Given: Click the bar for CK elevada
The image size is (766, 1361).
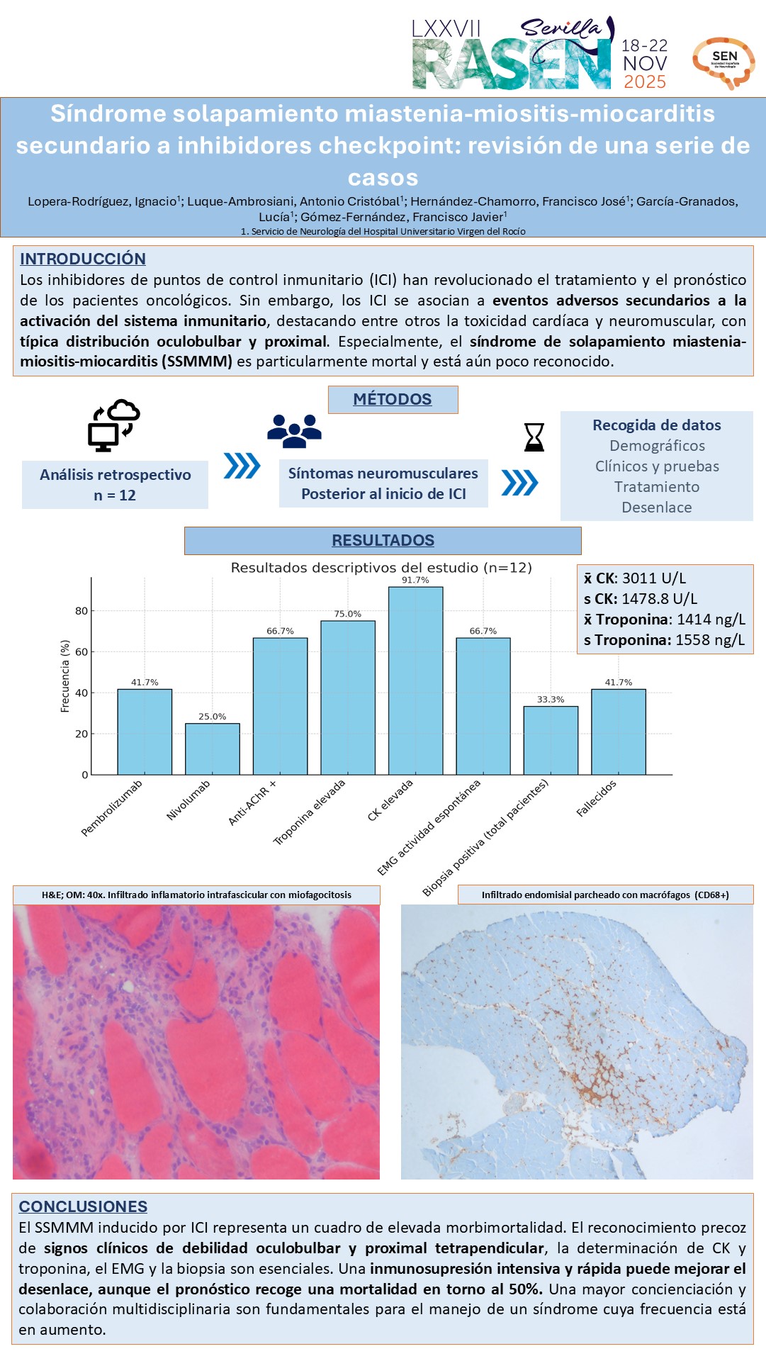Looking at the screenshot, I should tap(415, 680).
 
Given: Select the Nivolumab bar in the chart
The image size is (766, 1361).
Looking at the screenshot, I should tap(213, 749).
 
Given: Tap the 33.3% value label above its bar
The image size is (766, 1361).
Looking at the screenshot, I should tap(551, 699).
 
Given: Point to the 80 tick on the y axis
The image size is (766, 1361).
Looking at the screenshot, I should tap(81, 611).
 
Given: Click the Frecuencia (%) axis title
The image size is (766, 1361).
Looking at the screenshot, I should tap(65, 676).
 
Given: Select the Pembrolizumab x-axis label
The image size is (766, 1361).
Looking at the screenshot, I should tap(112, 808).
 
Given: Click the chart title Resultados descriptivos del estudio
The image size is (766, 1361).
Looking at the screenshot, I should tap(381, 568).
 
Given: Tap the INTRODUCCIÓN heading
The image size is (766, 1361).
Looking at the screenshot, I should tap(83, 259).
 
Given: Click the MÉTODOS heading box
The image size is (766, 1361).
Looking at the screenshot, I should tap(393, 399).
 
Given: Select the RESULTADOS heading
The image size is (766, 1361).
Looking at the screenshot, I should tap(383, 540).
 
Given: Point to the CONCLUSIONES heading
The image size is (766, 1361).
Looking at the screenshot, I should tap(83, 1206).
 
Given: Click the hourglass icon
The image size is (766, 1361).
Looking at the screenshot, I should tap(534, 437).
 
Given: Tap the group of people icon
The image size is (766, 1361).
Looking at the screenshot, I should tap(294, 430).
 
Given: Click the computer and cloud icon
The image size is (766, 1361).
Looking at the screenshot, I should tap(113, 425).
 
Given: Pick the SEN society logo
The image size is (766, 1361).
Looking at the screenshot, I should tap(723, 62).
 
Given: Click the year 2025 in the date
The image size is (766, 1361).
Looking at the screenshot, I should tap(645, 82).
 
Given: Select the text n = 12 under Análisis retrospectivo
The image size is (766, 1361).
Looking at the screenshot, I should tap(115, 495).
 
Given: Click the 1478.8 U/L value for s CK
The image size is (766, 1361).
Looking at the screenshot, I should tap(659, 599).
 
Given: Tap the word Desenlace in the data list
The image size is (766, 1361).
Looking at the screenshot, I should tap(657, 508).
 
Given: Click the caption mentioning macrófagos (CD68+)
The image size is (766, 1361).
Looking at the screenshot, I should tap(605, 895).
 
